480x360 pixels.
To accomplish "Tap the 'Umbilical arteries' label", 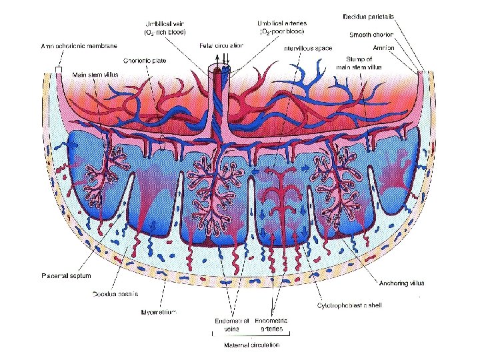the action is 281,28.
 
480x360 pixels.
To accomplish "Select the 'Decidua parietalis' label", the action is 371,16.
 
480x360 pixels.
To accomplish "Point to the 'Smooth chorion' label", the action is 371,34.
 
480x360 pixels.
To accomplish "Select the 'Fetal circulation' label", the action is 221,45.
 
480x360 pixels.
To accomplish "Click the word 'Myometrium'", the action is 159,311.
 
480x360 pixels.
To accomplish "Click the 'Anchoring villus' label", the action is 402,283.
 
